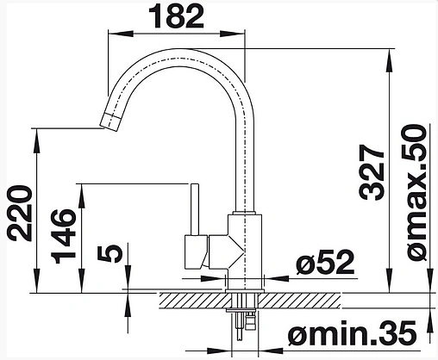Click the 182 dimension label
click(178, 16)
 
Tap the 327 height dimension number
click(372, 171)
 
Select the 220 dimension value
click(20, 213)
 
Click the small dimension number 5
click(110, 253)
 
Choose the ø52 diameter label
click(325, 262)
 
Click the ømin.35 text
click(353, 332)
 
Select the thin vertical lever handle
click(195, 208)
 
